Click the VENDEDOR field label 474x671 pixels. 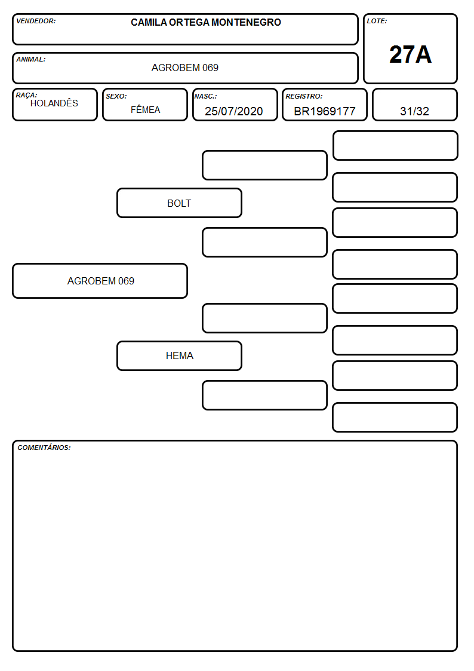pyautogui.click(x=36, y=21)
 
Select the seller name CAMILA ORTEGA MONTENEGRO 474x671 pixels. pyautogui.click(x=205, y=22)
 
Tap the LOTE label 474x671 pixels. pyautogui.click(x=377, y=21)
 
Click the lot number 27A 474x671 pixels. pyautogui.click(x=410, y=54)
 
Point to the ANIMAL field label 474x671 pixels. pyautogui.click(x=31, y=60)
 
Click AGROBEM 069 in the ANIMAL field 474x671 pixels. pyautogui.click(x=184, y=68)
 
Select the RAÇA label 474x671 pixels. pyautogui.click(x=26, y=95)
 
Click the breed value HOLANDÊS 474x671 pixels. pyautogui.click(x=54, y=103)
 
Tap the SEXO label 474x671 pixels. pyautogui.click(x=116, y=96)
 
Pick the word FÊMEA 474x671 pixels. pyautogui.click(x=145, y=109)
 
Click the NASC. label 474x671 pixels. pyautogui.click(x=205, y=96)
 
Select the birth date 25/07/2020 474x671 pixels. pyautogui.click(x=234, y=111)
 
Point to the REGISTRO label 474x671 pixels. pyautogui.click(x=304, y=96)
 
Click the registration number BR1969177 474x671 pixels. pyautogui.click(x=325, y=111)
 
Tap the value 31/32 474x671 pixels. pyautogui.click(x=414, y=111)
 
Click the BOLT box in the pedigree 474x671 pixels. pyautogui.click(x=179, y=203)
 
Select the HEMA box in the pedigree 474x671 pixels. pyautogui.click(x=179, y=356)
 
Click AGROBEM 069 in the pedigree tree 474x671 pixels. pyautogui.click(x=100, y=281)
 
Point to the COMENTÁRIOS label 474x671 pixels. pyautogui.click(x=44, y=448)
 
